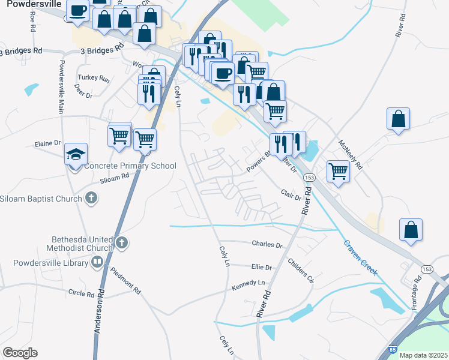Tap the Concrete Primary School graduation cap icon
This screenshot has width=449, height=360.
point(76,154)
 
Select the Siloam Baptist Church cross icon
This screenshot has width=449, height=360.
point(91,197)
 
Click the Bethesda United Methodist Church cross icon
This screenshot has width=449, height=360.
point(121,243)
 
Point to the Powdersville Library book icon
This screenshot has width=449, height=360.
point(96,262)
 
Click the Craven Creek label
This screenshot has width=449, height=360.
point(360,259)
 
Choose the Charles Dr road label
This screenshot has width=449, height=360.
point(267,245)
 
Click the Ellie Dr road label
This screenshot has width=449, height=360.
point(262,267)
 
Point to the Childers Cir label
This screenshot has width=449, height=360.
point(301,270)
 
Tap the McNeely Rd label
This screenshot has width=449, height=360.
point(351,154)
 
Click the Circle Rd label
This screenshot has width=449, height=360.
point(81,294)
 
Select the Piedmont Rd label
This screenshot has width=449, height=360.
point(125,280)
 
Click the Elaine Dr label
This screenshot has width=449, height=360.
point(48,143)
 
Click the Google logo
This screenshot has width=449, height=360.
point(20,353)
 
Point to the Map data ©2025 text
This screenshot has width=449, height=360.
point(423,355)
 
